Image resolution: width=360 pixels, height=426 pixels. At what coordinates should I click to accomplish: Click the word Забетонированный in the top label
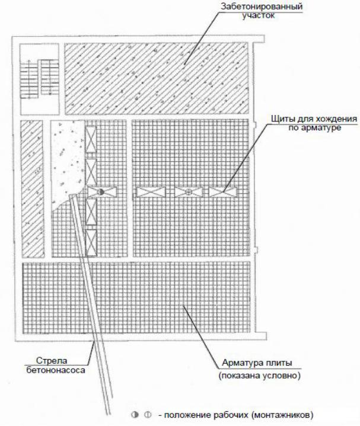point(262,7)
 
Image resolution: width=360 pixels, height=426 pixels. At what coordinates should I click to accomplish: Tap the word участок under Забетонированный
point(259,15)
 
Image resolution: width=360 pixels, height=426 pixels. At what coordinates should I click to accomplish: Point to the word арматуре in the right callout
point(323,127)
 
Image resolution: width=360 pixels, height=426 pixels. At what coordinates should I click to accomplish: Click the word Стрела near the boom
point(52,361)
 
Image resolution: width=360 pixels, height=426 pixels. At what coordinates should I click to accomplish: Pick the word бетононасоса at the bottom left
point(56,370)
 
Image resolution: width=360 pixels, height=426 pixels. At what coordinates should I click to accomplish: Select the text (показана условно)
point(259,376)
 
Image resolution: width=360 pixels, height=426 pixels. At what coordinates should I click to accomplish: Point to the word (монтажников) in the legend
point(282,415)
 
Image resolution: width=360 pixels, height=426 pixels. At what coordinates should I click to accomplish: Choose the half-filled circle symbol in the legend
point(135,415)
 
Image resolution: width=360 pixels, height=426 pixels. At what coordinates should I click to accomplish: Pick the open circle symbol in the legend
point(148,415)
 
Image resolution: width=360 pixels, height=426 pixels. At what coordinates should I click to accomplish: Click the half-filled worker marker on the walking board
point(101,191)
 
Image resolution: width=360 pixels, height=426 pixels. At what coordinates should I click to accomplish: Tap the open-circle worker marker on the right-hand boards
point(188,192)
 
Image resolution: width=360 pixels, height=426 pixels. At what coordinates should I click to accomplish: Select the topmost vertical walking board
point(91,139)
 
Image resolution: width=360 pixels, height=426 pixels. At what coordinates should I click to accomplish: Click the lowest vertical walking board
point(91,242)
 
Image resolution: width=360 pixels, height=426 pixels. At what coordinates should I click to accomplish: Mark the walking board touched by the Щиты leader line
point(223,192)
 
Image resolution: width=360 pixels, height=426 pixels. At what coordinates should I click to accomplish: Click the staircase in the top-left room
point(40,79)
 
